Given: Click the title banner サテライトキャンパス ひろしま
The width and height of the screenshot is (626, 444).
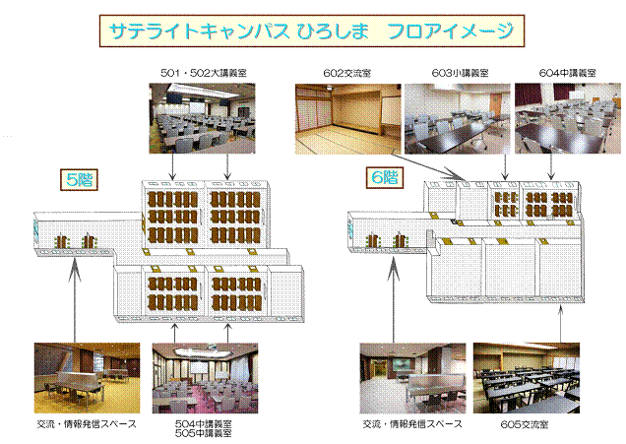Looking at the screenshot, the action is [x=312, y=31].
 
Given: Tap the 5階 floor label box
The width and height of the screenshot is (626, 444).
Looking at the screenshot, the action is [x=79, y=180].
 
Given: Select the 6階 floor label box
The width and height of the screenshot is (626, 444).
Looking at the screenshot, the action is [x=385, y=177].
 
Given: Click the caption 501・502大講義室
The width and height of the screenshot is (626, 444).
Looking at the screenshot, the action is [x=203, y=73].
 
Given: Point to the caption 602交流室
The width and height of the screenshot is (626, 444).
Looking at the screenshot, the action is [x=346, y=73].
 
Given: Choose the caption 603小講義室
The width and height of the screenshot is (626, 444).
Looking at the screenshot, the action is [x=460, y=73].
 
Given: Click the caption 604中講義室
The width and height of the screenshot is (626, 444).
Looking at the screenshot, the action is [x=567, y=73].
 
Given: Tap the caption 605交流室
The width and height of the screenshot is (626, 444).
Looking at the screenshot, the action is [x=525, y=424].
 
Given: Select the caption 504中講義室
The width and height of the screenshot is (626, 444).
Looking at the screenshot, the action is [x=204, y=423].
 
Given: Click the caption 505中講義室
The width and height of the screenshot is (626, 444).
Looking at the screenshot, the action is [x=204, y=433].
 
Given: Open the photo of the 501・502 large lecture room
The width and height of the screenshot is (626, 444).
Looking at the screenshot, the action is [x=202, y=118].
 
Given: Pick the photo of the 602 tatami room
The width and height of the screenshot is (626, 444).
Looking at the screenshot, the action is [x=347, y=118].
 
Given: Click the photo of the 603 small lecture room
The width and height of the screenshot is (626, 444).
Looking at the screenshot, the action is [x=458, y=118].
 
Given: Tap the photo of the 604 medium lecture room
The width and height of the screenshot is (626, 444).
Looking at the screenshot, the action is [x=568, y=118].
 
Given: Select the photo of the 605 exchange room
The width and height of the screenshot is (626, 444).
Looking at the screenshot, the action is [x=527, y=378].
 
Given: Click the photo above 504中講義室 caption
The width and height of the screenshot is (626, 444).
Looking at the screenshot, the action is [x=205, y=378].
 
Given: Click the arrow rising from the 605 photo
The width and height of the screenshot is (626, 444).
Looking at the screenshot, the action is [x=560, y=324].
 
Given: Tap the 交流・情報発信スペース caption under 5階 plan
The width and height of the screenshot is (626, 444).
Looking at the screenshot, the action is [x=87, y=424].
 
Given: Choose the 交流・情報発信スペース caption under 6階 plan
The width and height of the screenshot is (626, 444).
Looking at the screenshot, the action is [x=412, y=424].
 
